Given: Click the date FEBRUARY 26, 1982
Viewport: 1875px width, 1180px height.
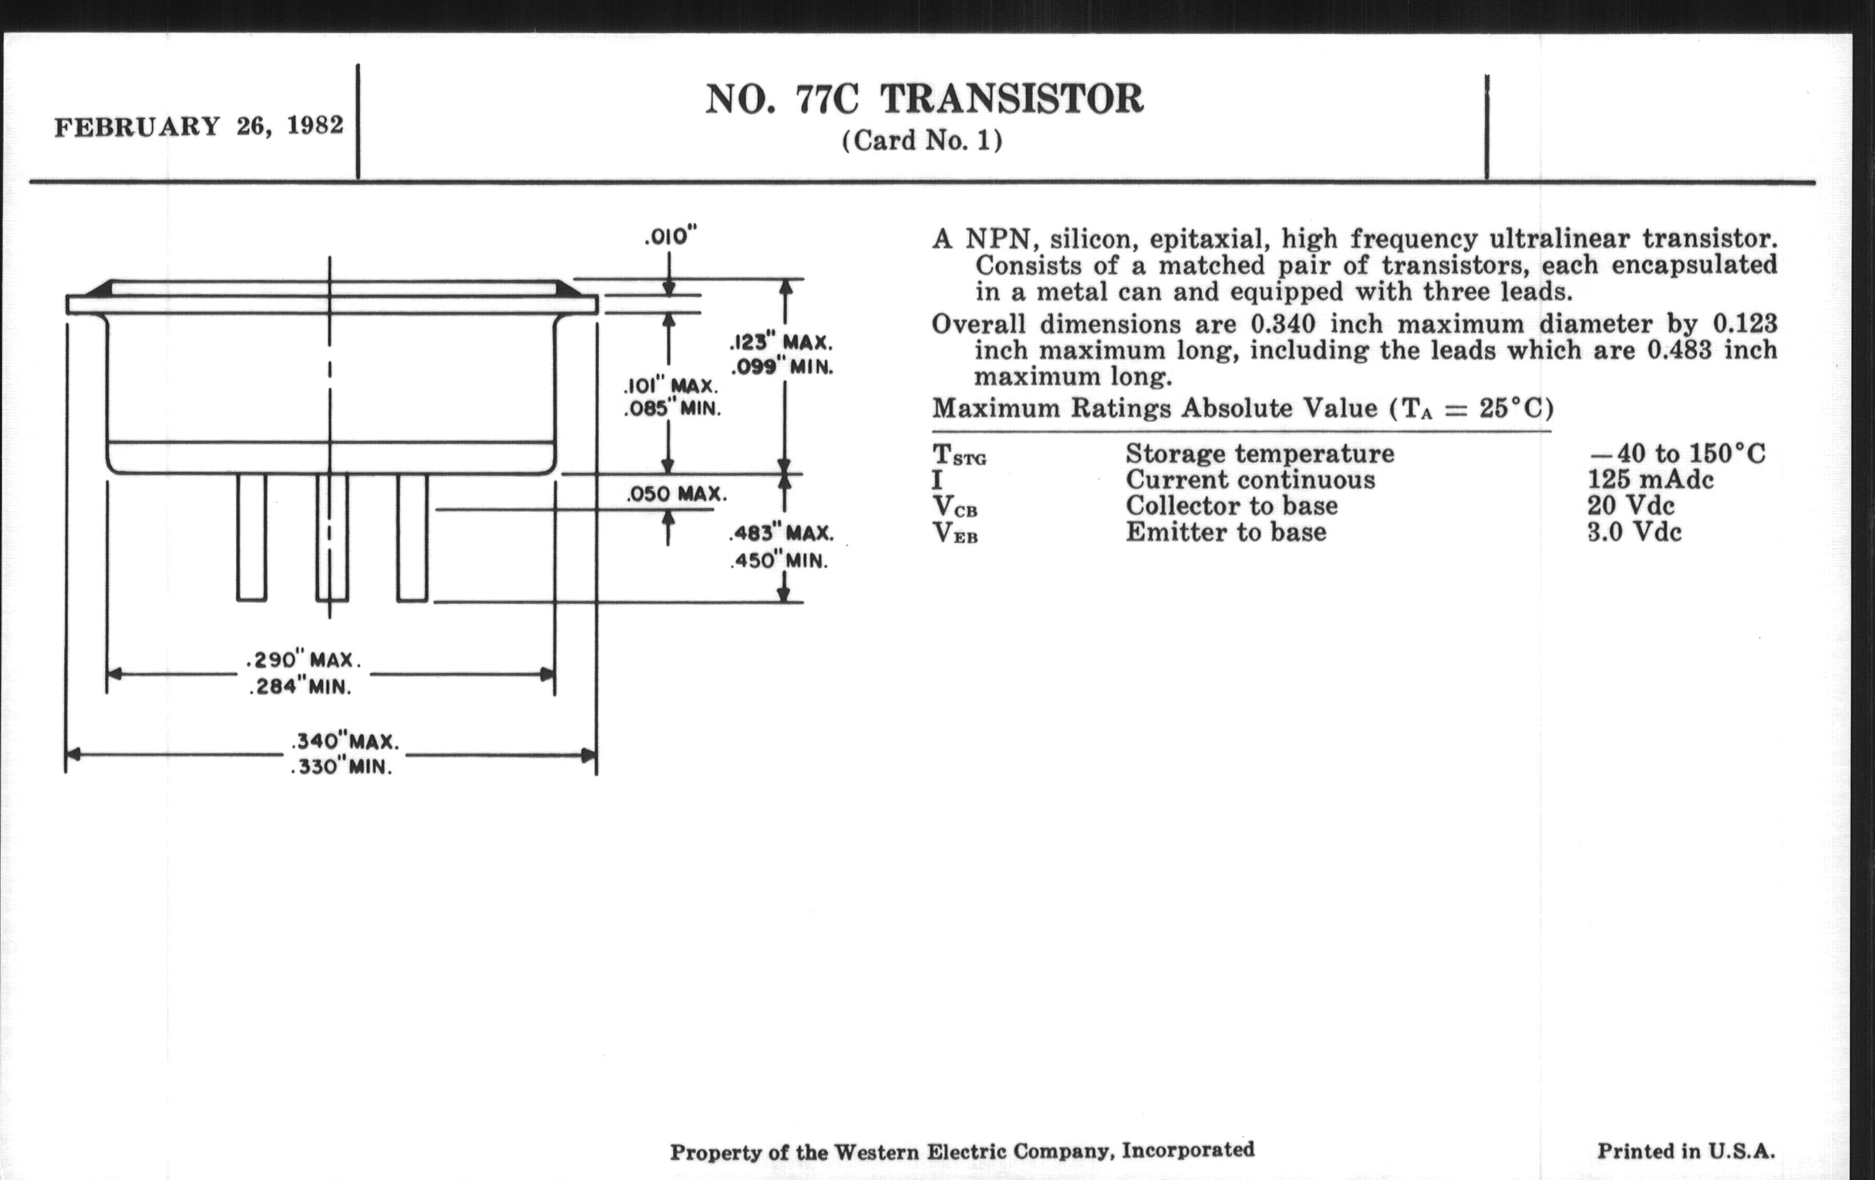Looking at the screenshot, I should (199, 126).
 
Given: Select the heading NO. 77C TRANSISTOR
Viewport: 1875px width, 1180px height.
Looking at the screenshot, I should (924, 99).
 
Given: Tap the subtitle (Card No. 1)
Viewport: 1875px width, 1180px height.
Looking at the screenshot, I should (923, 141).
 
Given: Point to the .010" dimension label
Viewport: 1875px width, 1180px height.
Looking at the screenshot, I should (671, 236).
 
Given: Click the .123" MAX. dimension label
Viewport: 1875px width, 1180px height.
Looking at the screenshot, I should (781, 342).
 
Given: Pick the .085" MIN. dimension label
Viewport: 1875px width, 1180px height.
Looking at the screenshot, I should (672, 408).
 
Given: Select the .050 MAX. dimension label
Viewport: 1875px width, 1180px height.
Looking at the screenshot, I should (677, 494).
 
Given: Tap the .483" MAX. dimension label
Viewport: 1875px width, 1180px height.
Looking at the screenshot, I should (781, 534).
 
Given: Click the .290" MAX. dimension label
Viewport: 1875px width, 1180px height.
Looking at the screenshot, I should (303, 660).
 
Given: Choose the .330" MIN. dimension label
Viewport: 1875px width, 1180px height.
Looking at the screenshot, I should (341, 767).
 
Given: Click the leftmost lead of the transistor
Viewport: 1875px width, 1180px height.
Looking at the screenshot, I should (251, 538).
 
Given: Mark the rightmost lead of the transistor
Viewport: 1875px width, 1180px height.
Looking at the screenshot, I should (412, 538).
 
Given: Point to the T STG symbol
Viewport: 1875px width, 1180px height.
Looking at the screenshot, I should (958, 454).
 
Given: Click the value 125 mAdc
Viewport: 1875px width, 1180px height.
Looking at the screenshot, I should (1650, 480).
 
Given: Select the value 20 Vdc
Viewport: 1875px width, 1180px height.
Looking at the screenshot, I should (1631, 506).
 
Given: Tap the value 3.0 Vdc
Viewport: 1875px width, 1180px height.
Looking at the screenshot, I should (1634, 533).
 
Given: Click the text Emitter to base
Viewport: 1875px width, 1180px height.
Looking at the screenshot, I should (1226, 533).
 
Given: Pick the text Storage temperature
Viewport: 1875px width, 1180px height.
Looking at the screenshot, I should (1259, 454).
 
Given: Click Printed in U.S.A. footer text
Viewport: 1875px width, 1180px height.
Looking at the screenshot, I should (1686, 1151).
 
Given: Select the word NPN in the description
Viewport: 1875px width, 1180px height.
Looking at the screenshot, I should (999, 238).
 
